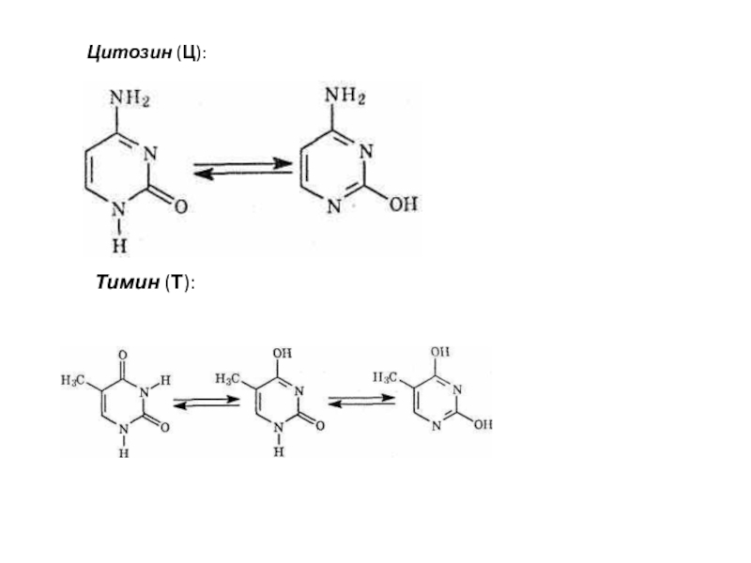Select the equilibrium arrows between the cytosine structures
coord(243,168)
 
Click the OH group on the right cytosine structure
coord(404,205)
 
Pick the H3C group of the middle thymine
coord(228,379)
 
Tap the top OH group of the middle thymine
coord(282,353)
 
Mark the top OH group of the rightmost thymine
coord(440,351)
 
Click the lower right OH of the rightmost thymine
coord(483,424)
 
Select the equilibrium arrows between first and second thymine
coord(207,403)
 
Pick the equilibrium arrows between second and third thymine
coord(361,400)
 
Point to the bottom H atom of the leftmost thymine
coord(123,452)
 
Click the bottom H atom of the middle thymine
coord(278,451)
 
